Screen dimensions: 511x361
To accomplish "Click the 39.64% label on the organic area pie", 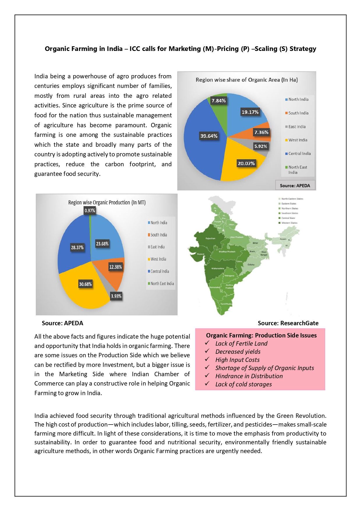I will [209, 136].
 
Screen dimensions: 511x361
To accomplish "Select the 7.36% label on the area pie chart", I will [261, 132].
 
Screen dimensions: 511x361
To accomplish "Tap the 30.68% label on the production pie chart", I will [85, 284].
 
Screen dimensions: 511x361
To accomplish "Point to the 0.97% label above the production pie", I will [90, 211].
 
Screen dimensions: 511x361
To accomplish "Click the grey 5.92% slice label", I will [261, 146].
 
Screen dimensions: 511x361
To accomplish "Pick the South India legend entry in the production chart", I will [159, 235].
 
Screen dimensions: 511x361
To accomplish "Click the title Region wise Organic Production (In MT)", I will [107, 202].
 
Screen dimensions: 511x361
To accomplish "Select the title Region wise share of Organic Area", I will [247, 80].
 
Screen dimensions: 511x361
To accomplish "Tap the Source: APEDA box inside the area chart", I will [295, 185].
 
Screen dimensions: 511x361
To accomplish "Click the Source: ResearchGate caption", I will [288, 323].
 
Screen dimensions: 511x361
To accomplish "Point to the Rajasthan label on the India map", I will [210, 238].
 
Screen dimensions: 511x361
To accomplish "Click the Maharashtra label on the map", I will [218, 268].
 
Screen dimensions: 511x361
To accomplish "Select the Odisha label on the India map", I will [251, 265].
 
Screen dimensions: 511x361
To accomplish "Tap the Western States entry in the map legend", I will [289, 223].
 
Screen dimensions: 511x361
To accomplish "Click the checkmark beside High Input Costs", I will [207, 359].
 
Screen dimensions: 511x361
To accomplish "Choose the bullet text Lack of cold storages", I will [243, 384].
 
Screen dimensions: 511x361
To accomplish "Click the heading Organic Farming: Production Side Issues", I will [261, 335].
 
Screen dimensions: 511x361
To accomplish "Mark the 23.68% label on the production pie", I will [102, 244].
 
